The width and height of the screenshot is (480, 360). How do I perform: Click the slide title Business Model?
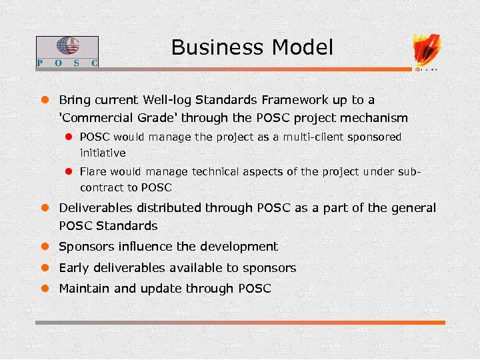[x=252, y=48]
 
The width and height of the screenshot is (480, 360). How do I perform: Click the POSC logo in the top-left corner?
[x=67, y=52]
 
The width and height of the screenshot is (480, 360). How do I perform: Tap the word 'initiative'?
[x=103, y=153]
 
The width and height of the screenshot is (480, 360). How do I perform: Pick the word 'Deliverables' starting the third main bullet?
[x=95, y=208]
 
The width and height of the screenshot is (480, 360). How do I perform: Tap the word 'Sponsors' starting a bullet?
[x=87, y=247]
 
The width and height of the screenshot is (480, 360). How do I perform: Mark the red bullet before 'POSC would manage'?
[x=67, y=137]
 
